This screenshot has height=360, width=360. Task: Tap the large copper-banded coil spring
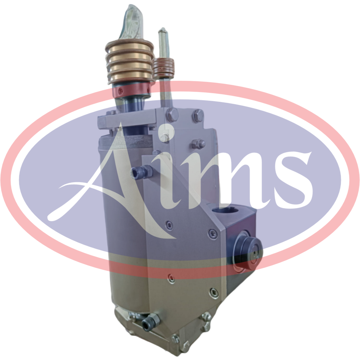coord(130,62)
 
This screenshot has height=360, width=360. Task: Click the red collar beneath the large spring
coord(131,90)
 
